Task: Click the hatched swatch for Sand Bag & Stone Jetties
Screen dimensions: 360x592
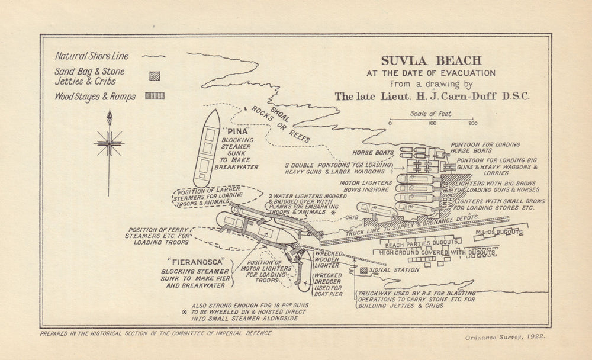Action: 155,75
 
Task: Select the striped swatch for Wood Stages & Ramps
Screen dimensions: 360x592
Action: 155,95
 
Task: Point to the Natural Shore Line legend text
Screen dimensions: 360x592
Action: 91,56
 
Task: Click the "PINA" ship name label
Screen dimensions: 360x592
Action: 236,130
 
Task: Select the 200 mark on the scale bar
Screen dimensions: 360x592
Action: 472,123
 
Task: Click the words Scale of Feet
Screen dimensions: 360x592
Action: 430,113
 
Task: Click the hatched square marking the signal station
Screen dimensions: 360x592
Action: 363,271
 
